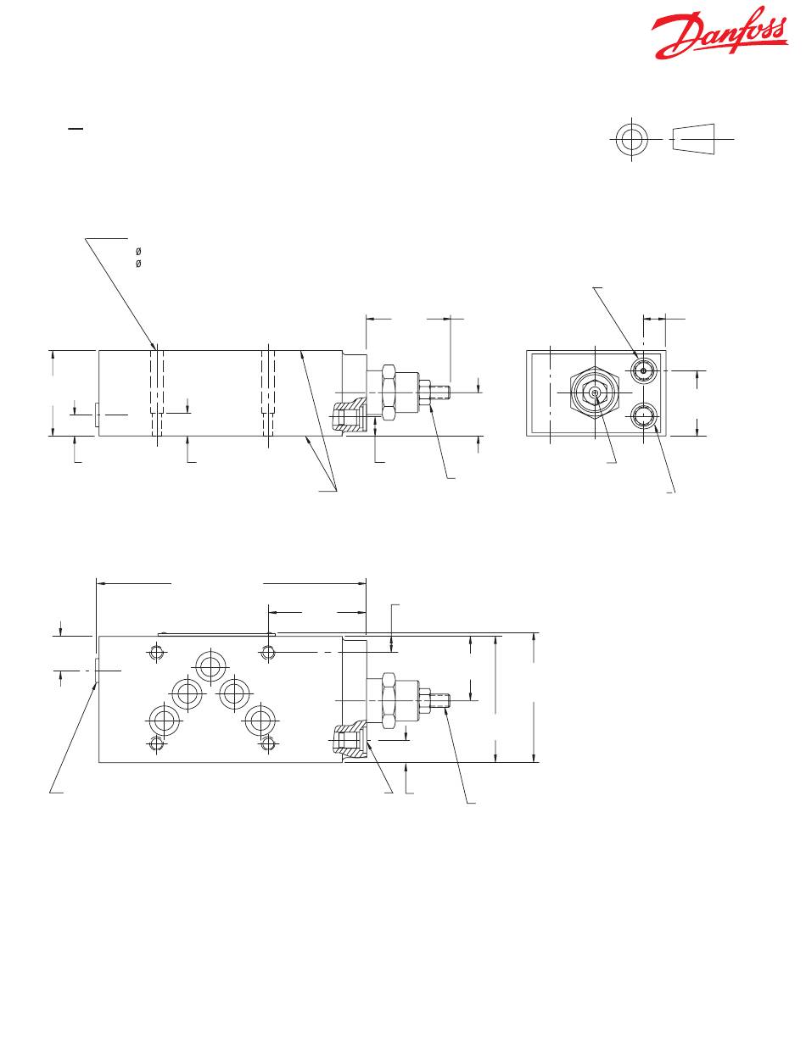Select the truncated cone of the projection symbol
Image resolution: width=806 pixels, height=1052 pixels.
click(693, 139)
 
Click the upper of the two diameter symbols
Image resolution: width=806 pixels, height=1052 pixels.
click(138, 251)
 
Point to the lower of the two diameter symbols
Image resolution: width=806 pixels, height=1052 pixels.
click(138, 264)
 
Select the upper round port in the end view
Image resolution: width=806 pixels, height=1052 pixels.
click(643, 370)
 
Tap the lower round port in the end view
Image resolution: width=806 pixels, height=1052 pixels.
click(643, 415)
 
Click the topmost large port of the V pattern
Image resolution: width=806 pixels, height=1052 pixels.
click(210, 666)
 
